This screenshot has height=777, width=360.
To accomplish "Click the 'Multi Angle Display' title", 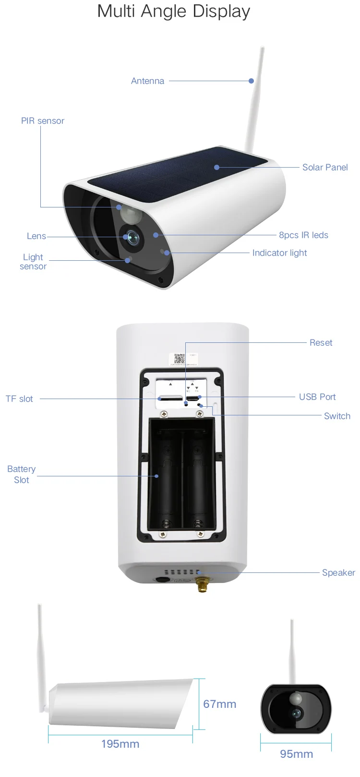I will [x=174, y=11].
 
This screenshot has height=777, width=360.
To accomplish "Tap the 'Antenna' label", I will [x=147, y=81].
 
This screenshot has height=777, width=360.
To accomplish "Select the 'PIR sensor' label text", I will [x=42, y=121].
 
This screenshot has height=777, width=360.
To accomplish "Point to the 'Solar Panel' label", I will [x=325, y=168].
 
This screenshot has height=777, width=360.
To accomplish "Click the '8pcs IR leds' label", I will [x=303, y=235].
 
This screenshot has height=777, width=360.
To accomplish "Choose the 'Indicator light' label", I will [x=279, y=253].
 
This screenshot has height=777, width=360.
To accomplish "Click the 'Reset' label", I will [x=321, y=343].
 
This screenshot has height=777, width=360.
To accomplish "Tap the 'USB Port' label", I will [x=317, y=397].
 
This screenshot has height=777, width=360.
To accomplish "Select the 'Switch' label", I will [x=337, y=416].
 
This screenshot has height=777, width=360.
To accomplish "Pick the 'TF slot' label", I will [x=19, y=399].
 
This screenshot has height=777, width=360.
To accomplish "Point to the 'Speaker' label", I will [x=338, y=573].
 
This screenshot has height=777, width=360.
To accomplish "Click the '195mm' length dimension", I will [x=120, y=744].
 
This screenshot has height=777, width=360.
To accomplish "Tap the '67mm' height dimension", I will [x=219, y=704].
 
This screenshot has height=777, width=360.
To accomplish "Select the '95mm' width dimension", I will [x=296, y=754].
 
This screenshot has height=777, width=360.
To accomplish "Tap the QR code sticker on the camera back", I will [x=180, y=359].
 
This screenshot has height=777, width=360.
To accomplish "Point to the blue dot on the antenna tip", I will [x=251, y=81].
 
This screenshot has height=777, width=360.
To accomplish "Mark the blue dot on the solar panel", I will [x=217, y=168].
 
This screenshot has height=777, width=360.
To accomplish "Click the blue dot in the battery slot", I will [x=156, y=476].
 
